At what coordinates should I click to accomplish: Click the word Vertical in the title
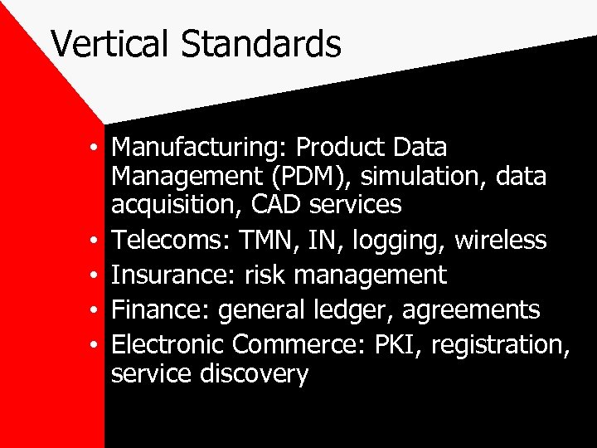pyautogui.click(x=106, y=44)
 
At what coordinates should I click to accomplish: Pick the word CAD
pyautogui.click(x=245, y=203)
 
